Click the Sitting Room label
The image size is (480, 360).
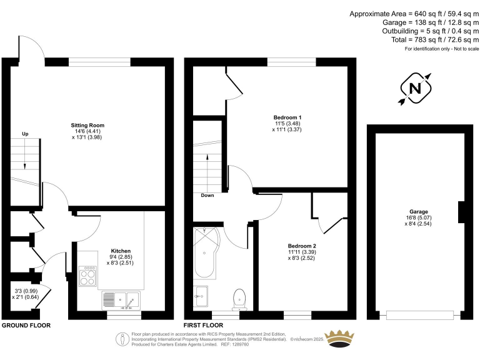point(86,125)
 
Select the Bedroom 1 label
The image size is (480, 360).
point(287,117)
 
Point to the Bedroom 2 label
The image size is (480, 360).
point(302,246)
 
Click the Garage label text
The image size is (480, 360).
point(418,211)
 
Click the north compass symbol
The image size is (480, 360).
point(414,89)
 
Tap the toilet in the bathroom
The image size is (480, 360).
point(239,297)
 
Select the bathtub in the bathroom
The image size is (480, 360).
point(206,253)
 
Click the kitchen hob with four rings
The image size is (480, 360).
point(88,276)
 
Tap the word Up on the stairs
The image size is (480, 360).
point(25,134)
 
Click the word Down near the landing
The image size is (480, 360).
point(207,196)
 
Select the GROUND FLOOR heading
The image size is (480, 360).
point(26,326)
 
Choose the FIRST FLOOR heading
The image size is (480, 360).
point(203,326)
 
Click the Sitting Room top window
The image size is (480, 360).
point(99,61)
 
